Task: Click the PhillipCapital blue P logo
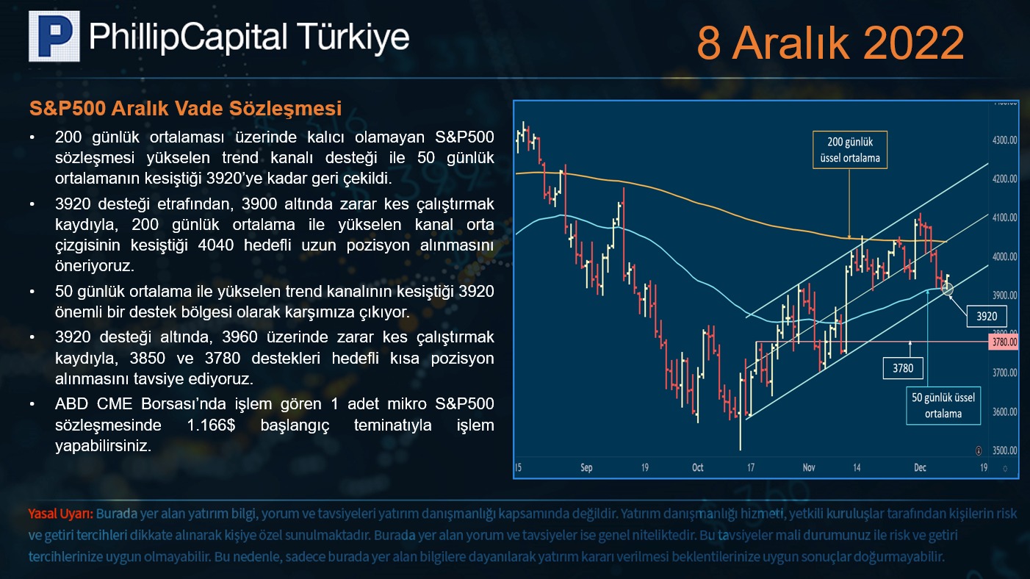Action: tap(54, 36)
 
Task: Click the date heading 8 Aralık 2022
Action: tap(830, 43)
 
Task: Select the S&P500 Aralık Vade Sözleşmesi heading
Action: tap(185, 109)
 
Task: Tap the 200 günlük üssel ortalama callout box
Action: tap(850, 150)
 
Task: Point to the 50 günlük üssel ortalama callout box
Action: tap(943, 406)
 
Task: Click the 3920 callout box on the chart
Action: tap(987, 316)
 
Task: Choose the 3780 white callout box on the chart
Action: tap(903, 368)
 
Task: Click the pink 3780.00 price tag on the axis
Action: tap(1004, 342)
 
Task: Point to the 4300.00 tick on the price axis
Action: tap(1004, 140)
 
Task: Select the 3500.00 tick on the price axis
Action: tap(1004, 450)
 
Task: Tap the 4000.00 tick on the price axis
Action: tap(1004, 256)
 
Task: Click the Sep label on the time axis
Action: tap(586, 467)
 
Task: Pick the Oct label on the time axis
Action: tap(697, 467)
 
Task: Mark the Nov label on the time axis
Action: tap(809, 467)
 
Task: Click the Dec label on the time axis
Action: tap(920, 467)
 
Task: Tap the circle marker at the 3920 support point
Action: tap(947, 289)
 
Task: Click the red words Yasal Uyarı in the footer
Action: tap(61, 514)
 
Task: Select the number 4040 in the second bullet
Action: tap(215, 245)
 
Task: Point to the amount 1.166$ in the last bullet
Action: tap(211, 425)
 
